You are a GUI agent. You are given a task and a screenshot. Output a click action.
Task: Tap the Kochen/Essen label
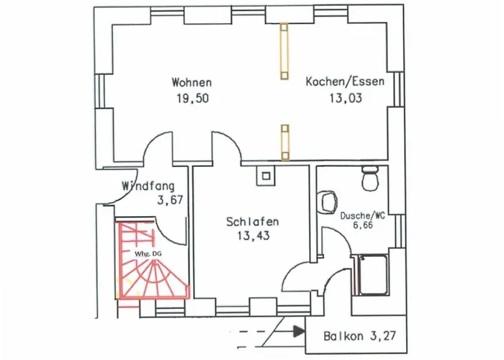coord(345,81)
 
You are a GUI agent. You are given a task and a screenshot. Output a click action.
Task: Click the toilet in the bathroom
coord(371,179)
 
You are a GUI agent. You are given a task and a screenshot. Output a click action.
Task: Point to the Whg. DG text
coord(145,254)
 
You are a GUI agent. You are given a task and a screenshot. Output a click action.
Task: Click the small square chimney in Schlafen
coord(266,173)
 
